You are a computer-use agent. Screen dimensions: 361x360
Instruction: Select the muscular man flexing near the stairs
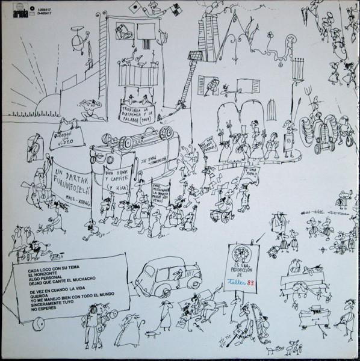(x=89, y=108)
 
